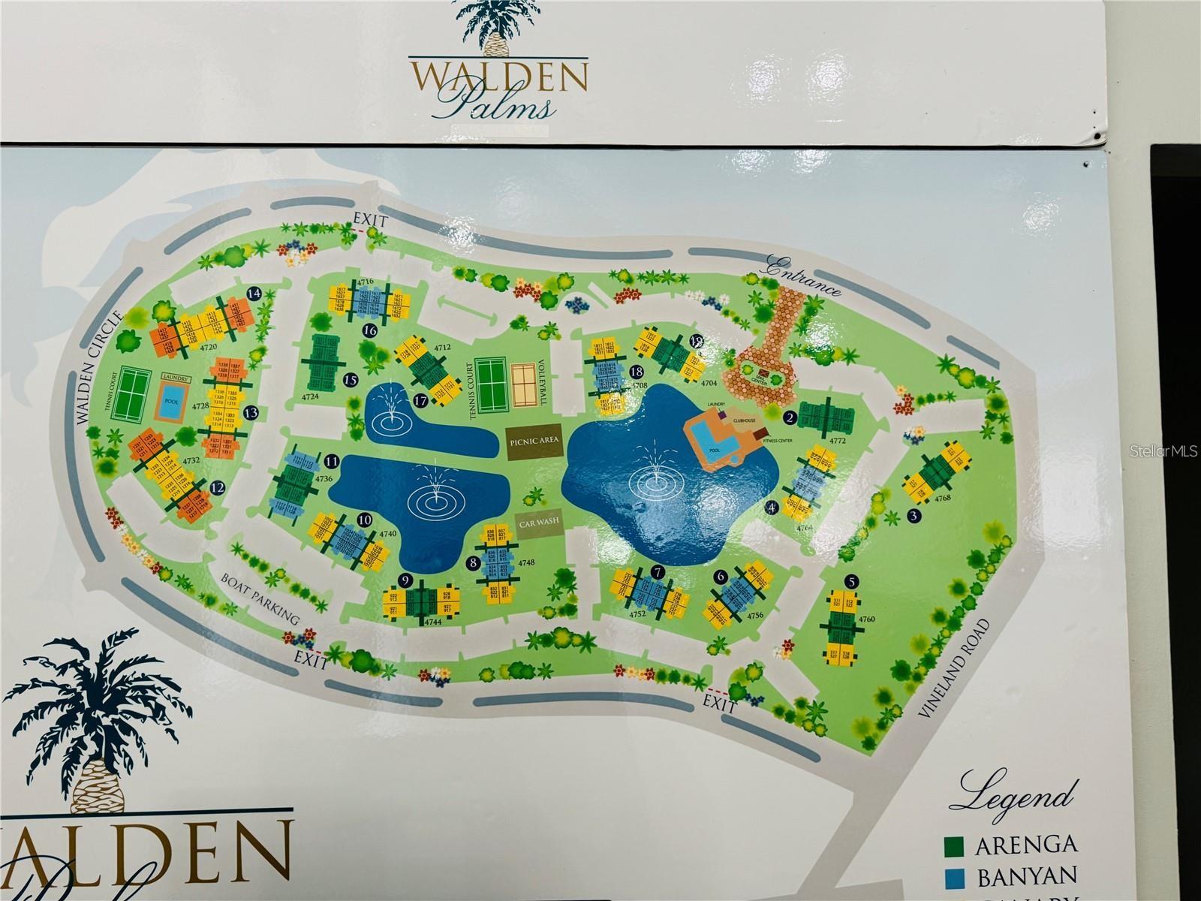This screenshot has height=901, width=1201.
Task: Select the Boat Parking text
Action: (x=260, y=598)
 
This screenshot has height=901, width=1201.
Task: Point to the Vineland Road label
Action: (x=953, y=670)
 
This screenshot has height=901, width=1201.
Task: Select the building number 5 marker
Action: (x=850, y=580)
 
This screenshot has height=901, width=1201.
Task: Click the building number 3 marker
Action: (x=914, y=516)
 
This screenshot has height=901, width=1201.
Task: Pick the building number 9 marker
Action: (x=405, y=580)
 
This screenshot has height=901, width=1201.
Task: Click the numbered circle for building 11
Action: (x=331, y=461)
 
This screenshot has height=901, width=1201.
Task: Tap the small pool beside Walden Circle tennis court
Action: (x=172, y=402)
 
